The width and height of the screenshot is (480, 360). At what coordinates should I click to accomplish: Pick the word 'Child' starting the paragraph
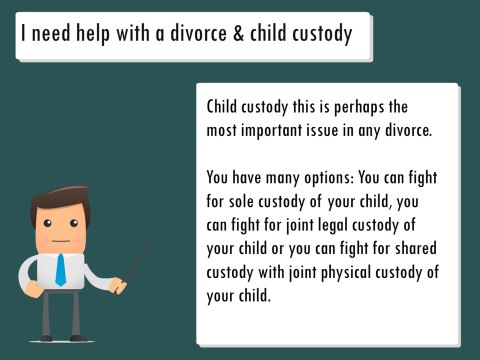tap(224, 107)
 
